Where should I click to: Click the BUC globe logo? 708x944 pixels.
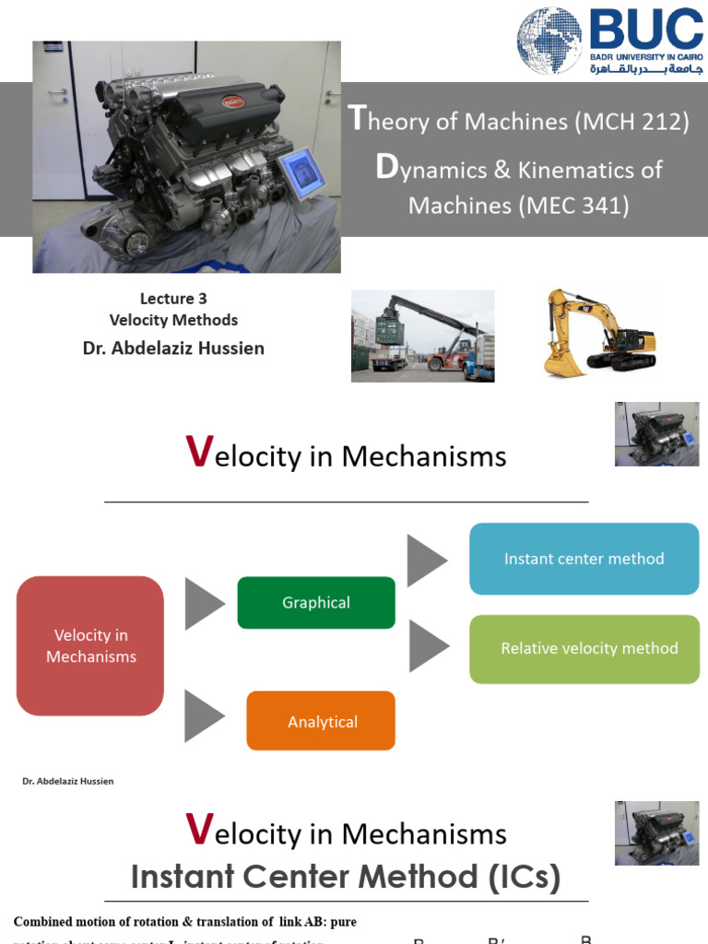[x=549, y=40]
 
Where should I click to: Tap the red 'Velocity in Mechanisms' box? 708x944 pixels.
[x=90, y=645]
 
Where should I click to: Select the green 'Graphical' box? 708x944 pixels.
[x=316, y=603]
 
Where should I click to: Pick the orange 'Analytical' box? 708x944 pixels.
[x=321, y=721]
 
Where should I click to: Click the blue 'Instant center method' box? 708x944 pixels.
[x=584, y=559]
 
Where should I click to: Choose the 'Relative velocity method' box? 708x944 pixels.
[x=584, y=649]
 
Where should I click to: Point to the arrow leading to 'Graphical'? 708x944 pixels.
[x=204, y=604]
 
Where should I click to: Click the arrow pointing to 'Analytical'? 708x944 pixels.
[x=204, y=716]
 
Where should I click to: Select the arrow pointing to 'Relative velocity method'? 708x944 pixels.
[x=428, y=645]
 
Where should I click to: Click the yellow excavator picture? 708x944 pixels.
[x=599, y=334]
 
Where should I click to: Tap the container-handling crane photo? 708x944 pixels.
[x=422, y=336]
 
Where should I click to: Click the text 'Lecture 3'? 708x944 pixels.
[x=173, y=298]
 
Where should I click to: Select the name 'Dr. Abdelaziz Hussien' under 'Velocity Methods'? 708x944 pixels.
[x=173, y=348]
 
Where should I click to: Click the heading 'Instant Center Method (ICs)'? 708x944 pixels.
[x=346, y=877]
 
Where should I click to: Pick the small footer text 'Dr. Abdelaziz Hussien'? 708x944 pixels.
[x=67, y=782]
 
